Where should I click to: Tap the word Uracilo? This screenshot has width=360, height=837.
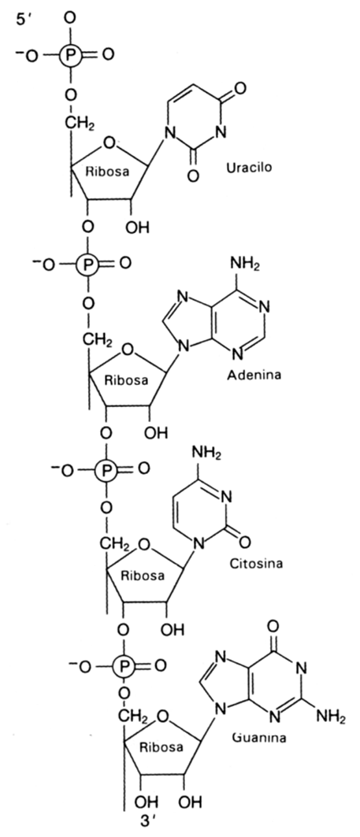pyautogui.click(x=248, y=167)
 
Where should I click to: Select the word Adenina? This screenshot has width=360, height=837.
pyautogui.click(x=254, y=374)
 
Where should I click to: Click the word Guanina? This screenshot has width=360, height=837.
pyautogui.click(x=259, y=738)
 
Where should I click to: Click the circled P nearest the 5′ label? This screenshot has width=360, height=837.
pyautogui.click(x=71, y=54)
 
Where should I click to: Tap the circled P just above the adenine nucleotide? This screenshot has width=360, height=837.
pyautogui.click(x=87, y=263)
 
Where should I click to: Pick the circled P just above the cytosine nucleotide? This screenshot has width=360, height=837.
pyautogui.click(x=106, y=470)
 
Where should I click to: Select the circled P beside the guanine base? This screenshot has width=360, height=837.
pyautogui.click(x=124, y=666)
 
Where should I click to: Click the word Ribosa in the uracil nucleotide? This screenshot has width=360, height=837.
pyautogui.click(x=107, y=172)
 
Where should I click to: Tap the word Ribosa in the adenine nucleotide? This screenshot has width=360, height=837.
pyautogui.click(x=125, y=380)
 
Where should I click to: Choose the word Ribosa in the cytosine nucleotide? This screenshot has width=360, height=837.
pyautogui.click(x=143, y=576)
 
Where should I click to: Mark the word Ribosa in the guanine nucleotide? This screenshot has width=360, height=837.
pyautogui.click(x=161, y=747)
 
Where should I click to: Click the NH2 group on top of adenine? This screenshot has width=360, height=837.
pyautogui.click(x=245, y=264)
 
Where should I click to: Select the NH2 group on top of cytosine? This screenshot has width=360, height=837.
pyautogui.click(x=207, y=454)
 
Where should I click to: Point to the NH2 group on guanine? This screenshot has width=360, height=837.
pyautogui.click(x=331, y=716)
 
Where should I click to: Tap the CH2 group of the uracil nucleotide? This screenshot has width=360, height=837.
pyautogui.click(x=80, y=124)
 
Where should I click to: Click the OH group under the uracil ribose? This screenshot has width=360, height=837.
pyautogui.click(x=137, y=228)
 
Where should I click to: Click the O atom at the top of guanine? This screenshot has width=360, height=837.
pyautogui.click(x=273, y=624)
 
